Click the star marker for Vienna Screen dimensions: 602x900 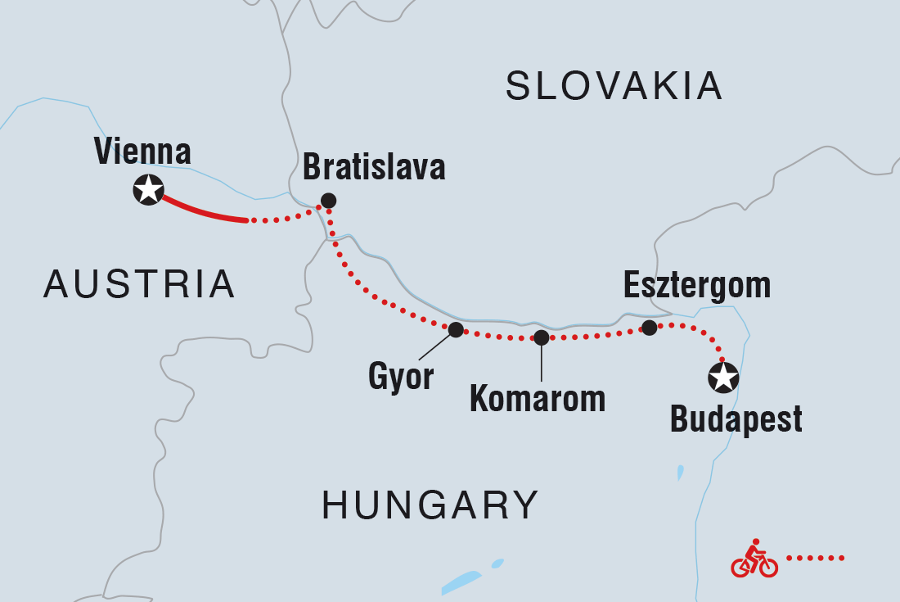pyautogui.click(x=148, y=190)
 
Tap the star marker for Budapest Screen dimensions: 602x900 pyautogui.click(x=723, y=378)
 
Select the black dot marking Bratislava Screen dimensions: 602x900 pyautogui.click(x=328, y=200)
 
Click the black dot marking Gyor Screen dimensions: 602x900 pyautogui.click(x=456, y=329)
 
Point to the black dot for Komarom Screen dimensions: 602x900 pyautogui.click(x=541, y=337)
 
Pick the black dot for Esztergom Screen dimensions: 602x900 pyautogui.click(x=649, y=328)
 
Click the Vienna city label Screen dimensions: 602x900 pyautogui.click(x=142, y=152)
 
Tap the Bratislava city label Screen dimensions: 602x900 pyautogui.click(x=374, y=168)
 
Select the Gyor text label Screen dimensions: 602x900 pyautogui.click(x=400, y=378)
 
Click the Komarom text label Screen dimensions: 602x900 pyautogui.click(x=538, y=399)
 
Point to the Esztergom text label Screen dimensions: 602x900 pyautogui.click(x=697, y=285)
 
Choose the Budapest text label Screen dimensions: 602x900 pyautogui.click(x=736, y=420)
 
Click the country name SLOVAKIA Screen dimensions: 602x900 pyautogui.click(x=614, y=86)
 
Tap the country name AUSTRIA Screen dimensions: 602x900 pyautogui.click(x=139, y=284)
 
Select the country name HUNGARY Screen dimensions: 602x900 pyautogui.click(x=430, y=505)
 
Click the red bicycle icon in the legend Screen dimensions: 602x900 pyautogui.click(x=754, y=559)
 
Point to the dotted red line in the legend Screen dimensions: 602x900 pyautogui.click(x=815, y=559)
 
